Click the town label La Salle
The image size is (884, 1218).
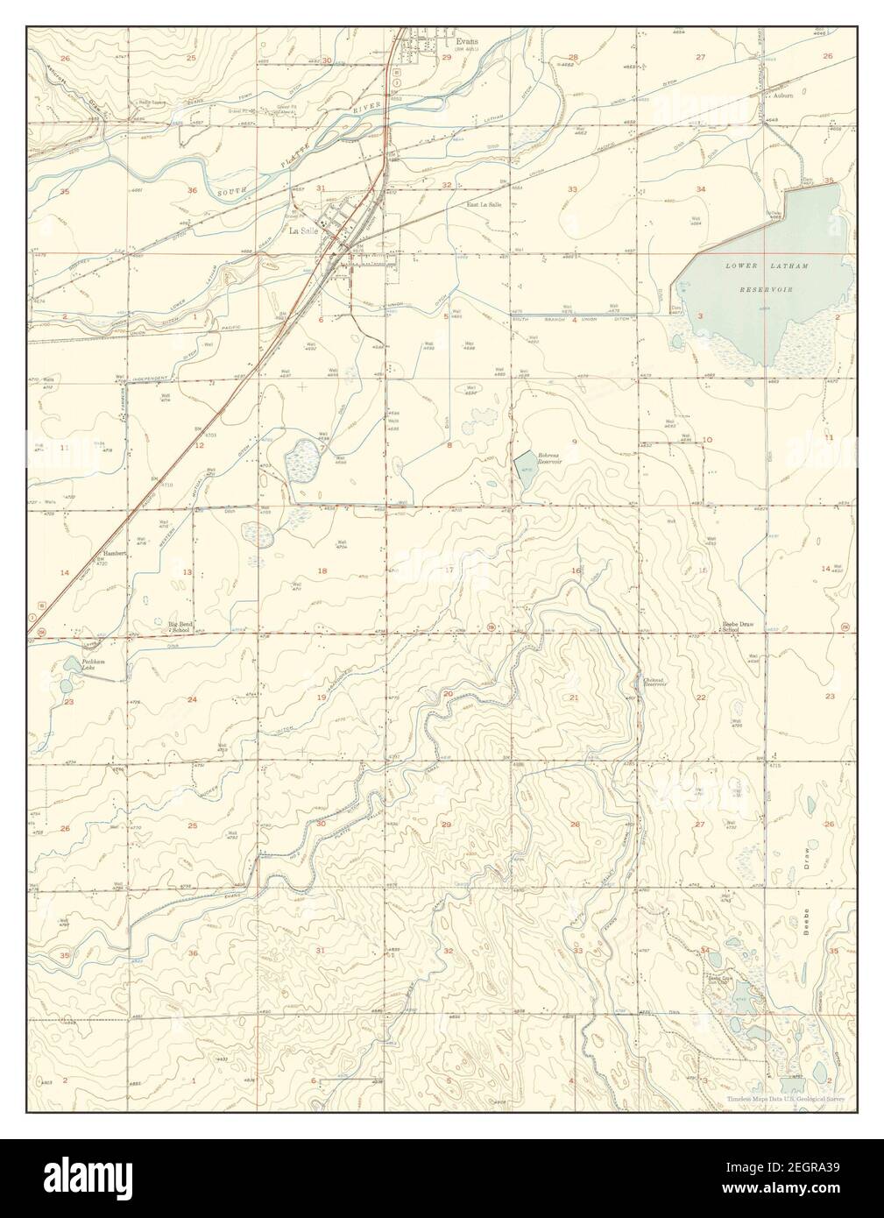(303, 231)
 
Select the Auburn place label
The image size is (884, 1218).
(781, 96)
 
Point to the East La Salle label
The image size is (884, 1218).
(484, 204)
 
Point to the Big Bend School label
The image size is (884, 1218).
(180, 627)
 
